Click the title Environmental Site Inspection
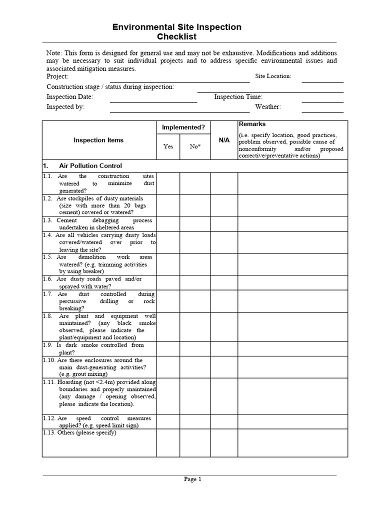click(177, 27)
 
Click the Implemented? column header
click(183, 127)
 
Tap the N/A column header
click(224, 140)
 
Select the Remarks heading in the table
click(252, 124)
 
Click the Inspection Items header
click(98, 140)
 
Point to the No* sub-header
click(195, 146)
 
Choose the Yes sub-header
click(168, 146)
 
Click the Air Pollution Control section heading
click(90, 166)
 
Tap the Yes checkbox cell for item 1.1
click(168, 183)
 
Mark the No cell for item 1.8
click(195, 326)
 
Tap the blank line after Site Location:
click(322, 79)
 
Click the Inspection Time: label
click(238, 97)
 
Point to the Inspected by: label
click(65, 107)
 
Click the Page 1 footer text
click(192, 479)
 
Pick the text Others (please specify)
click(87, 432)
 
